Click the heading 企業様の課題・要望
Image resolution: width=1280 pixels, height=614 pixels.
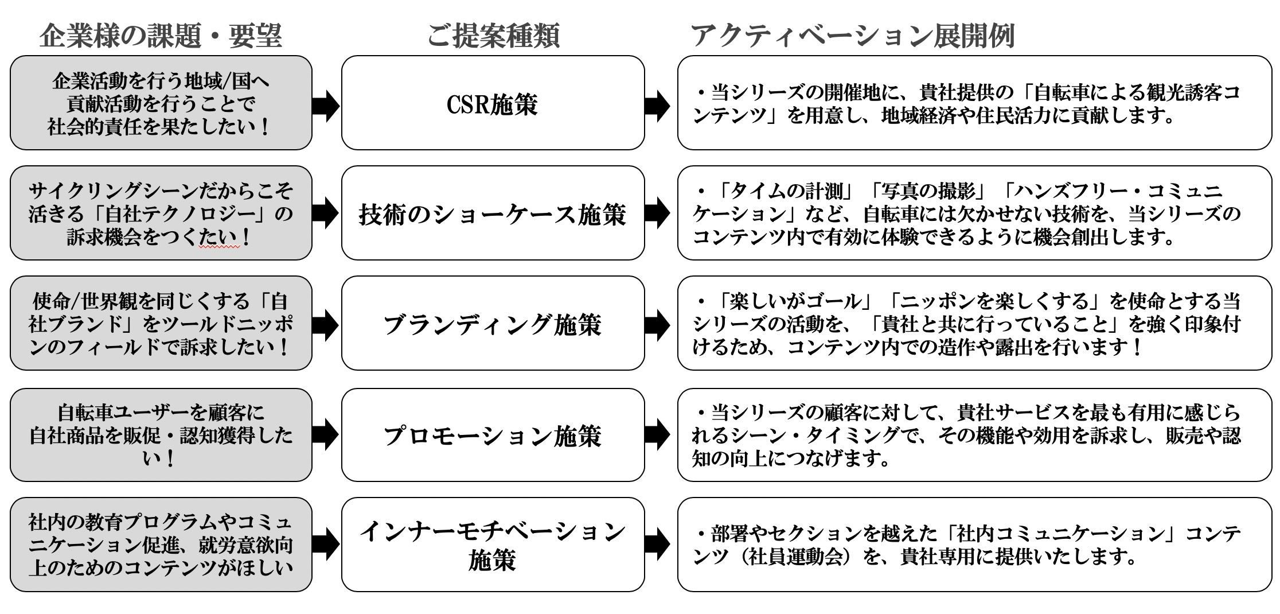(161, 36)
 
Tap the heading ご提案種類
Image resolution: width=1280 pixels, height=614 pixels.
(493, 36)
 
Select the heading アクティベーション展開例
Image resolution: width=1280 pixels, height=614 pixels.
(853, 36)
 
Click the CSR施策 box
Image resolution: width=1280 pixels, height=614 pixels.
(493, 103)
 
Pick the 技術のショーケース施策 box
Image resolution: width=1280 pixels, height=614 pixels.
(493, 213)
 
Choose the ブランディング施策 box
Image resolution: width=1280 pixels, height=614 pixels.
(493, 324)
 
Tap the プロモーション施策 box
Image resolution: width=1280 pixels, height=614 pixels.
(493, 435)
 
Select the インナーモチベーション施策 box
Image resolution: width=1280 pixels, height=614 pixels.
(493, 545)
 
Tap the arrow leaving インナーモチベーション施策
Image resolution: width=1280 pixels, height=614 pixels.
(657, 543)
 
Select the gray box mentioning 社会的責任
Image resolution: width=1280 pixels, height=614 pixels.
(161, 103)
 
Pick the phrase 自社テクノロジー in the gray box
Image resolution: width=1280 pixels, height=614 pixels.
(179, 213)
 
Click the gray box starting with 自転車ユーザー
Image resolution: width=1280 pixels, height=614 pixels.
(161, 435)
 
